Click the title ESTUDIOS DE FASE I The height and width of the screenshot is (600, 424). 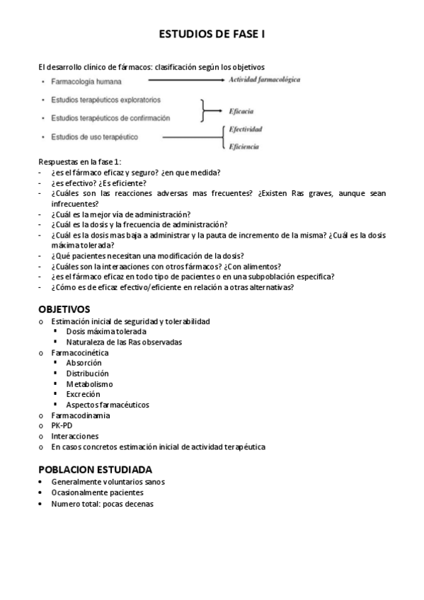click(211, 33)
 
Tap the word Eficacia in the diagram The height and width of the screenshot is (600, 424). click(241, 111)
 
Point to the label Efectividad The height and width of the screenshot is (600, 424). click(246, 129)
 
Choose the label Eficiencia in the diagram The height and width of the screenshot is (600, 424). click(243, 146)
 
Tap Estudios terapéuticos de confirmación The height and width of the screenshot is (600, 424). click(110, 117)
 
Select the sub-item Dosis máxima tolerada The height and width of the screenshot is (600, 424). click(106, 331)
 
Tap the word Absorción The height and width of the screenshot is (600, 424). click(84, 362)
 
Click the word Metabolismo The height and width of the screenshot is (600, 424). click(89, 383)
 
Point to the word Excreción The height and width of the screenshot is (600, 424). click(83, 394)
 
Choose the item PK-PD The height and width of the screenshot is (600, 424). click(62, 426)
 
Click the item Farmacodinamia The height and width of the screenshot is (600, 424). click(80, 415)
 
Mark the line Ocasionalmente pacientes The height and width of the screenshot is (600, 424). click(97, 492)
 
